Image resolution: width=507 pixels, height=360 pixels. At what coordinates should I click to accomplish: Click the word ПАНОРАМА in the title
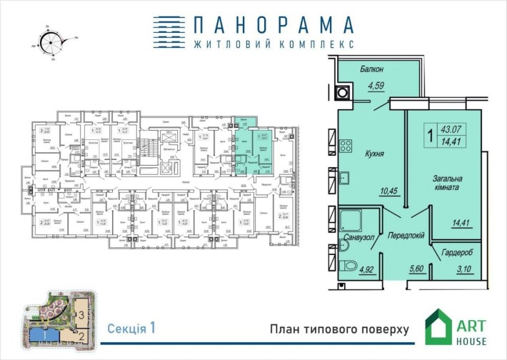pos(254,24)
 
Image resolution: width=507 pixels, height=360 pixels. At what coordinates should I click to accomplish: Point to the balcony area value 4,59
pos(376,88)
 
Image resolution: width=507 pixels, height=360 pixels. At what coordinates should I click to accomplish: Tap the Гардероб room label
pos(456,251)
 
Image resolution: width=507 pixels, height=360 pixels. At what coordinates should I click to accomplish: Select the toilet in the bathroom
pos(348,267)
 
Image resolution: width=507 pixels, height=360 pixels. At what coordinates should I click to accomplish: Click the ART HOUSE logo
pos(457,327)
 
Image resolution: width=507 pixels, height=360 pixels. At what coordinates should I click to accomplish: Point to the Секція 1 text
pos(131,329)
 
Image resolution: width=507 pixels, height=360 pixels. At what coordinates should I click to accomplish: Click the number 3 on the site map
pos(83,314)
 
